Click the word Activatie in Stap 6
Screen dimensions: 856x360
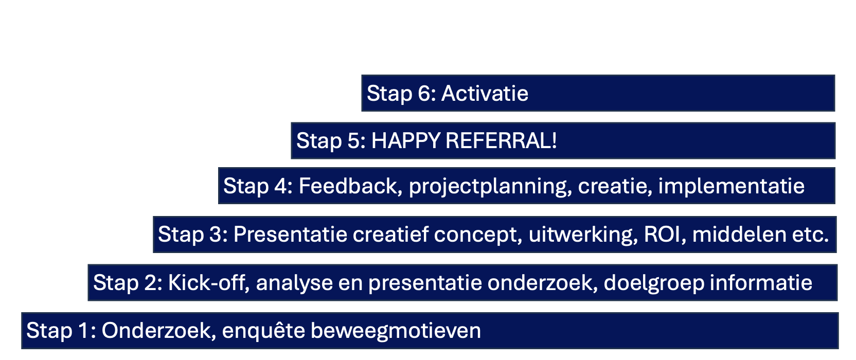point(485,94)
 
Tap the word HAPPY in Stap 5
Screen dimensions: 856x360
point(406,140)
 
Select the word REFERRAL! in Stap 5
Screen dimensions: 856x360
point(501,140)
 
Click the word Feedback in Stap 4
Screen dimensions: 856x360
point(350,186)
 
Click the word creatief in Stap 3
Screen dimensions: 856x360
point(390,234)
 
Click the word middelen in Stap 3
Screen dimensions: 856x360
point(739,235)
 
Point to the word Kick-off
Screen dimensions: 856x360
point(209,283)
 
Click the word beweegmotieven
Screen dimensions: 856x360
point(396,332)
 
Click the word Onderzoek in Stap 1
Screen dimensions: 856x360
point(156,330)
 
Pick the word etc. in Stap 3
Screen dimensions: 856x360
point(811,235)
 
